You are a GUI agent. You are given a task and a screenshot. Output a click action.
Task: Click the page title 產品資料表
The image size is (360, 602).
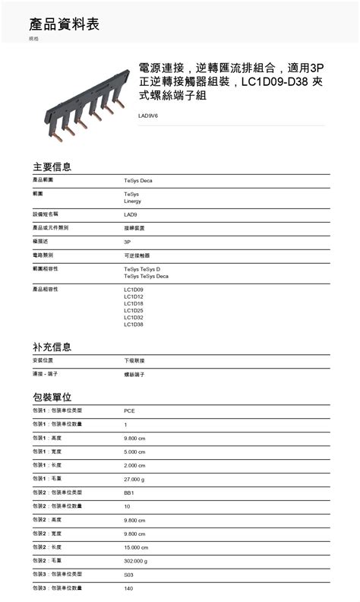(x=64, y=25)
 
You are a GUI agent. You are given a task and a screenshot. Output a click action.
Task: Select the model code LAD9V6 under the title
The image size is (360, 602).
(x=148, y=116)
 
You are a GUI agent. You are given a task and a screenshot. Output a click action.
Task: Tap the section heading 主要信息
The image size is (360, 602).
(x=52, y=166)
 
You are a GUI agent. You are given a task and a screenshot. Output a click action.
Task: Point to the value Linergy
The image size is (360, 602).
(x=133, y=201)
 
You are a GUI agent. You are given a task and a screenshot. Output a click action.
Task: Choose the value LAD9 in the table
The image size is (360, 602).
(x=131, y=214)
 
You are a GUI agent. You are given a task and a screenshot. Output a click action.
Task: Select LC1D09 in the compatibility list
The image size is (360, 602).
(x=134, y=290)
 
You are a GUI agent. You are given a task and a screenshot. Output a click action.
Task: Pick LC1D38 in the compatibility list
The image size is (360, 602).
(x=134, y=325)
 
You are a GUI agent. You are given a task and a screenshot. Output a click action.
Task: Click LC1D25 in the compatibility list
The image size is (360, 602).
(x=134, y=310)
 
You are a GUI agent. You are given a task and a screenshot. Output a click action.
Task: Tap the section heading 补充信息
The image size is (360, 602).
(x=52, y=347)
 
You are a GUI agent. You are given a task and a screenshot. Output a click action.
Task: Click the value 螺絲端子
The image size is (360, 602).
(x=134, y=374)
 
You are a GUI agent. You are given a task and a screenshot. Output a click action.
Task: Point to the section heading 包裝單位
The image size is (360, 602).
(x=52, y=397)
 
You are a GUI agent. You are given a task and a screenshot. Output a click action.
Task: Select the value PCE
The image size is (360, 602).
(x=130, y=410)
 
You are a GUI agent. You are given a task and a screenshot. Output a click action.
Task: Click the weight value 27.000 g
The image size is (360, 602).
(x=134, y=479)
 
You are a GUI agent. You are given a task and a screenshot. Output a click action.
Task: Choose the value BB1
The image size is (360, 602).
(x=129, y=493)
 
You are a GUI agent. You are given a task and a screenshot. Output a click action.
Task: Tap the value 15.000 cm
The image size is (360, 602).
(x=136, y=547)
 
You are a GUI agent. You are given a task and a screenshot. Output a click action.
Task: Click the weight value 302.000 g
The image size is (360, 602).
(x=136, y=561)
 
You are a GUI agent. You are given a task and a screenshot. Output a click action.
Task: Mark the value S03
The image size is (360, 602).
(x=129, y=575)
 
